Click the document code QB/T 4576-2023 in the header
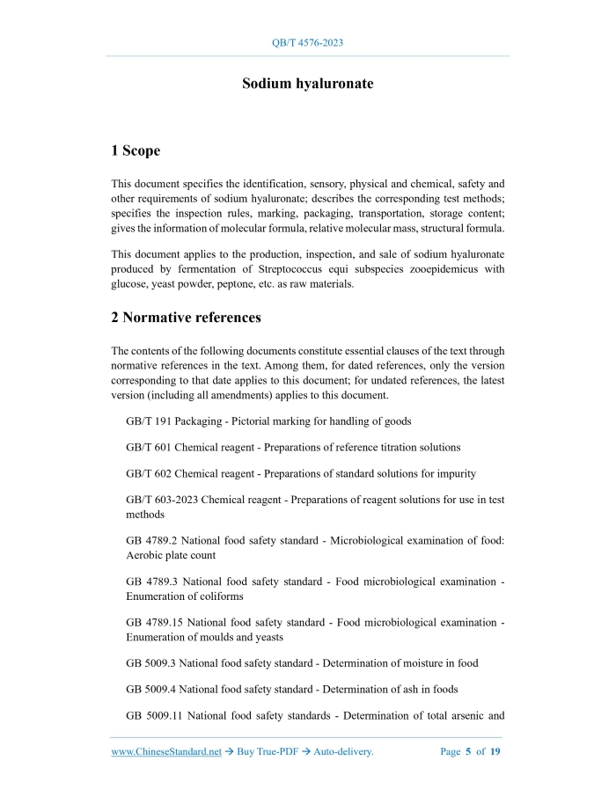coord(307,42)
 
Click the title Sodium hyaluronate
coord(307,84)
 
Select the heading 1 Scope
coord(136,150)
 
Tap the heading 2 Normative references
coord(186,317)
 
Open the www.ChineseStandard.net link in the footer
coord(166,752)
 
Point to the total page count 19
coord(495,752)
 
